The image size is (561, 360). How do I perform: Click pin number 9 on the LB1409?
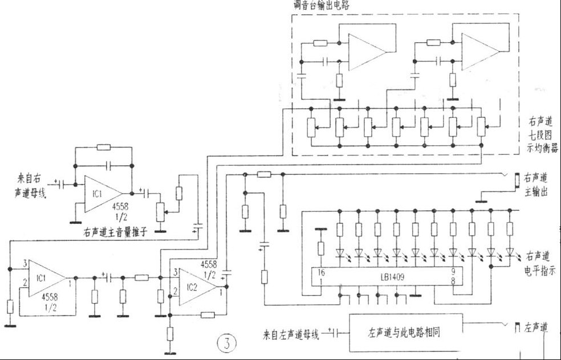click(453, 272)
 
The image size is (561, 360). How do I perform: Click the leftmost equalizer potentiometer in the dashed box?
click(311, 128)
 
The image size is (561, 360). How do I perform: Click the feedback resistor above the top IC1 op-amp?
click(104, 148)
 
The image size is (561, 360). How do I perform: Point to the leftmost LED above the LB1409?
click(340, 251)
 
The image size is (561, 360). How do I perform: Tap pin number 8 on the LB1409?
click(453, 281)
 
